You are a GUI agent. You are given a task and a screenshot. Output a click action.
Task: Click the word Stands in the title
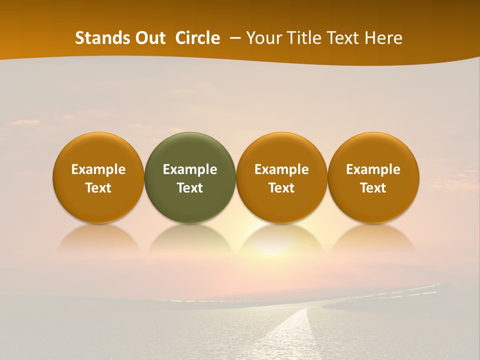coord(97,38)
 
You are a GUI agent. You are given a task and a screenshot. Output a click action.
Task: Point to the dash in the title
coord(233,38)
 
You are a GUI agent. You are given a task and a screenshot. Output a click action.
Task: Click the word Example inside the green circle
coord(190,169)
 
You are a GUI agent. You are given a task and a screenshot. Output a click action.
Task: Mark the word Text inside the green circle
coord(190,188)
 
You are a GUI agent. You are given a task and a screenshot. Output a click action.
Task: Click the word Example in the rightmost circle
coord(373,169)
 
